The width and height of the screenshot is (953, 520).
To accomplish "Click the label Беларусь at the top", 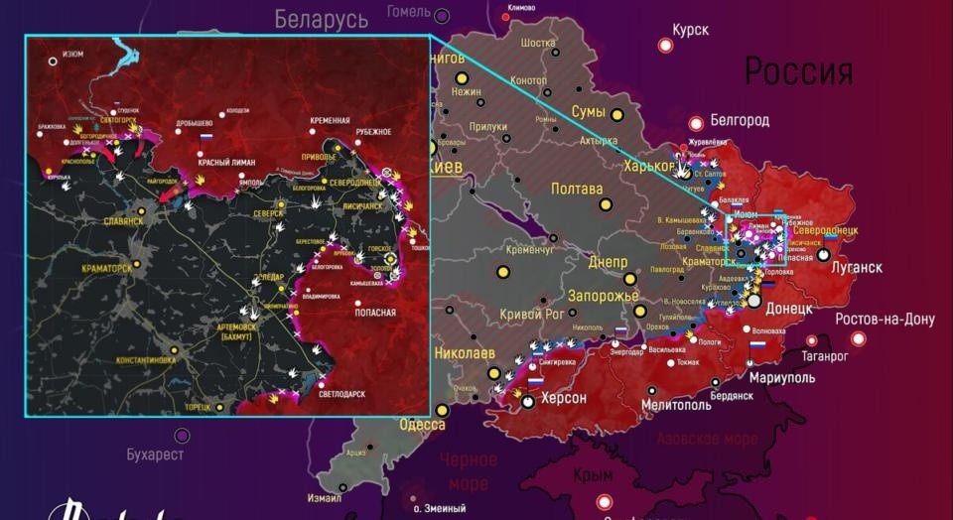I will (x=321, y=18).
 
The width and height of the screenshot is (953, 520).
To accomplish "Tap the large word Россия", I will (x=798, y=71).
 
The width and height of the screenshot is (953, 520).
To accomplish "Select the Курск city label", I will (x=690, y=31).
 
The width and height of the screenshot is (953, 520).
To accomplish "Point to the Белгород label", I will (x=739, y=121).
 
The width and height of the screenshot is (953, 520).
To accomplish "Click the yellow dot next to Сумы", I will (x=616, y=115).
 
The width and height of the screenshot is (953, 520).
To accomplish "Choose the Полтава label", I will (x=577, y=190).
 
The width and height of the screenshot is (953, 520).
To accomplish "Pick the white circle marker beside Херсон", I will (x=528, y=401).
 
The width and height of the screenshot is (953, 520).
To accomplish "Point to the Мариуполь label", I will (x=782, y=378).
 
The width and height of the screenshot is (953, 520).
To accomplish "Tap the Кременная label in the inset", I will (x=330, y=119).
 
